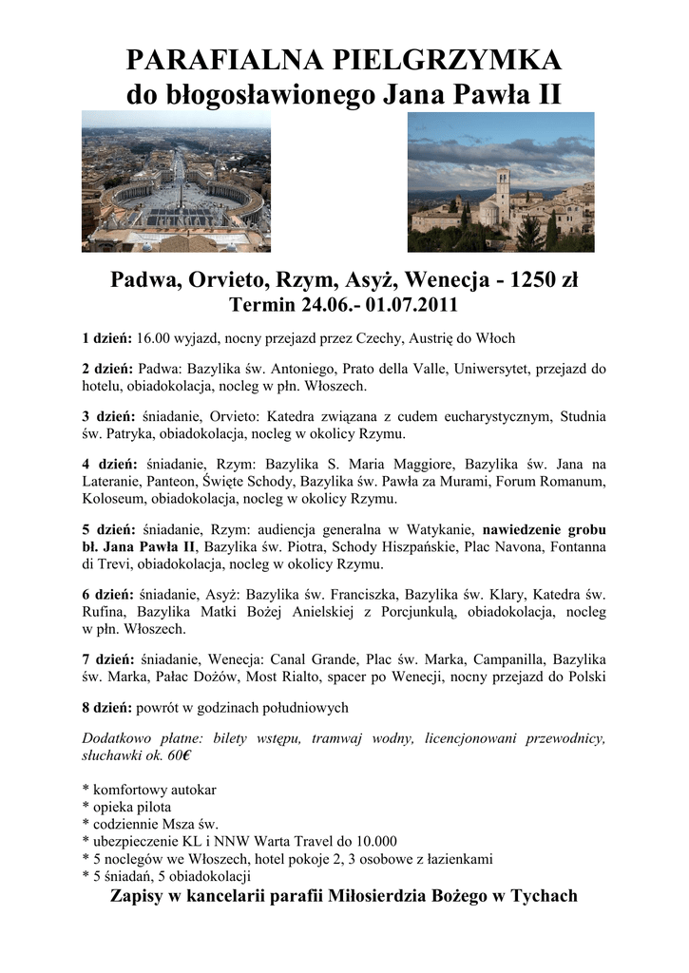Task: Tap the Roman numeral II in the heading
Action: [546, 96]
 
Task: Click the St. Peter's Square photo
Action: [176, 181]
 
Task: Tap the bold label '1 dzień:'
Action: [106, 338]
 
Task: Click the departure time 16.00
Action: [155, 338]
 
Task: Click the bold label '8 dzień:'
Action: [106, 708]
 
